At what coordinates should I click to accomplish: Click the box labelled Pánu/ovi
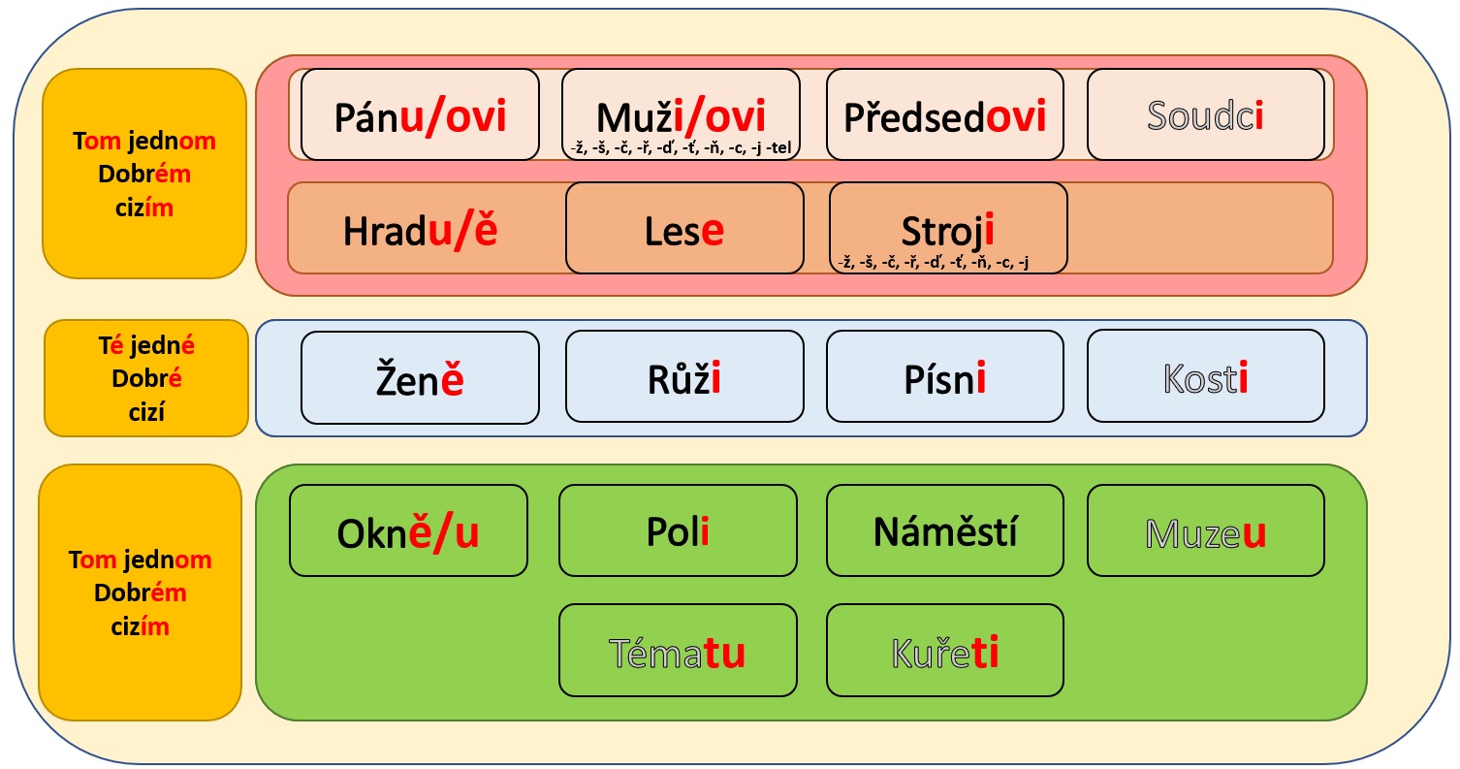[x=420, y=114]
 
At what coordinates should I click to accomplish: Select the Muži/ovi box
[x=681, y=114]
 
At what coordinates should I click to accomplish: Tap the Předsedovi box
[x=944, y=114]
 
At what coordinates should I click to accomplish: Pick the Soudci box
[x=1205, y=114]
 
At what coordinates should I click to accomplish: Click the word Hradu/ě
[x=420, y=231]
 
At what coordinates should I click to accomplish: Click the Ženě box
[x=420, y=378]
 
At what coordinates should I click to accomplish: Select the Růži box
[x=684, y=377]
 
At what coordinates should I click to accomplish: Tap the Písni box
[x=944, y=377]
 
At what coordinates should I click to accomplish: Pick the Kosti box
[x=1205, y=377]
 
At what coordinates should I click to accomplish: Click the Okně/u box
[x=408, y=530]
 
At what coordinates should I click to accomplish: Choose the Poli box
[x=678, y=530]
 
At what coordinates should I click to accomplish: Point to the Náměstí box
[x=944, y=530]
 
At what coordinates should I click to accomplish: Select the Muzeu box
[x=1205, y=530]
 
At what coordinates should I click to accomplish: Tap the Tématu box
[x=678, y=651]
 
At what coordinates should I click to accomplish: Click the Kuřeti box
[x=944, y=651]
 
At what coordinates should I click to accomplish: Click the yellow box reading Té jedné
[x=146, y=378]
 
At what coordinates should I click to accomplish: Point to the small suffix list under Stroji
[x=932, y=261]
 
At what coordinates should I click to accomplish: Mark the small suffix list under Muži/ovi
[x=681, y=147]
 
